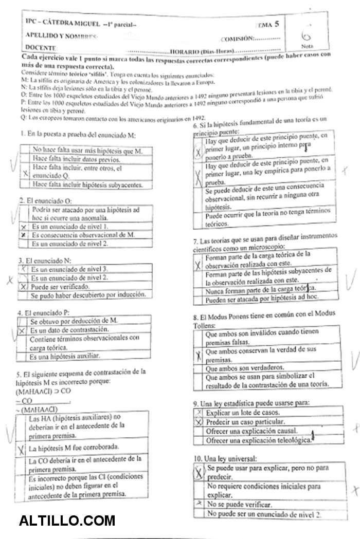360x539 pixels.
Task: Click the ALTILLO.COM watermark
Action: point(67,521)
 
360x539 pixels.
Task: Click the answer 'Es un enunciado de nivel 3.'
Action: point(69,269)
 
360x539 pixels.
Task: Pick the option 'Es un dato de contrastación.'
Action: point(69,329)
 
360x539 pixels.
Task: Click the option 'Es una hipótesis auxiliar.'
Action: point(64,356)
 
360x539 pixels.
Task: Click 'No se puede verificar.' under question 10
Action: point(239,505)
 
